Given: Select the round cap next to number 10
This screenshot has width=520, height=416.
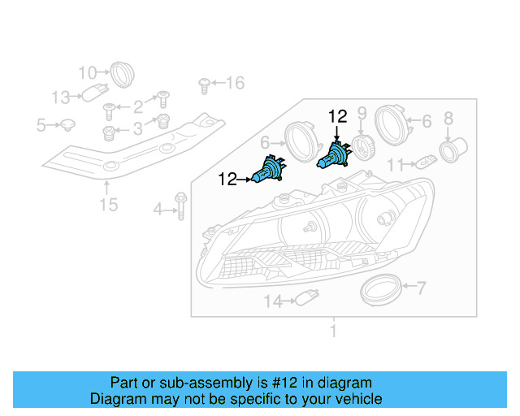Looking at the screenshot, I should pos(122,73).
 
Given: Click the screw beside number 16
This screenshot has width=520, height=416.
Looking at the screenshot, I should pos(204,82).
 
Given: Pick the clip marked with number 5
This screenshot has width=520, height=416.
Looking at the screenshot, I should pos(68,125).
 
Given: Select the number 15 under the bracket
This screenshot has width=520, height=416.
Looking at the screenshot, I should pos(108,204).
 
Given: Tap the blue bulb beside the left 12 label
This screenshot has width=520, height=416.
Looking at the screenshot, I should pos(271,169).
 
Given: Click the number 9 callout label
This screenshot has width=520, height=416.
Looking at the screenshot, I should pos(362,113).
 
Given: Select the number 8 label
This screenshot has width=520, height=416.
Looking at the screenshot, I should pos(448,119).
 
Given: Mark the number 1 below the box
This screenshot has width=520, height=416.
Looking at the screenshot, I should pos(332,331).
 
